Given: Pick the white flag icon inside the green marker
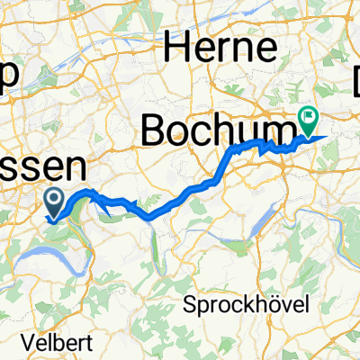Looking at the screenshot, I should tap(309, 114).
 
